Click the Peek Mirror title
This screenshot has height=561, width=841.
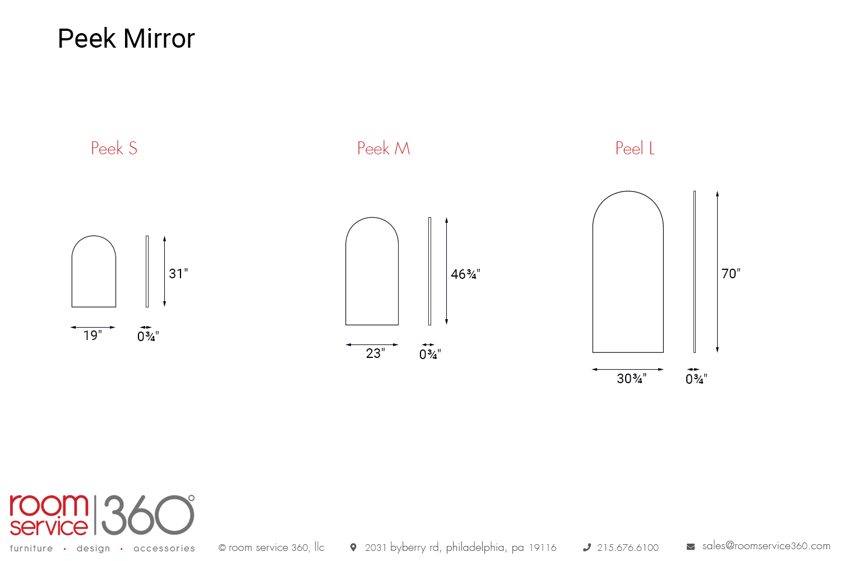tap(126, 38)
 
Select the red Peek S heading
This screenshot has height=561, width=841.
tap(114, 148)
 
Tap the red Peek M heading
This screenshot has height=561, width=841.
tap(383, 148)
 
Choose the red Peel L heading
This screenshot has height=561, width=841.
tap(635, 148)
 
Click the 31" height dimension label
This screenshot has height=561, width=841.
tap(178, 274)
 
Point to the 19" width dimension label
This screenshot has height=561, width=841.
tap(93, 335)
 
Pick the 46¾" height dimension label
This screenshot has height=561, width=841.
tap(465, 274)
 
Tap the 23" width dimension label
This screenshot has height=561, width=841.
tap(376, 353)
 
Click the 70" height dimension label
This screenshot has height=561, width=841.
tap(731, 274)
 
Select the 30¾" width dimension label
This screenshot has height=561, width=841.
tap(632, 378)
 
